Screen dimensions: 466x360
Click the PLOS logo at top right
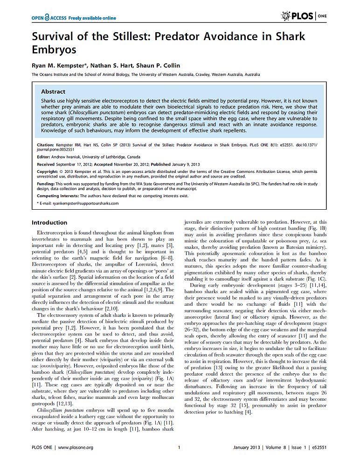[x=298, y=17]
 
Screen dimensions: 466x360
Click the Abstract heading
[x=53, y=92]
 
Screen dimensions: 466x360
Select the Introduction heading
[x=49, y=222]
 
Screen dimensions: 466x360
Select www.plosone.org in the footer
[x=76, y=447]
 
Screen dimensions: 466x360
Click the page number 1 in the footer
[x=180, y=447]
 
